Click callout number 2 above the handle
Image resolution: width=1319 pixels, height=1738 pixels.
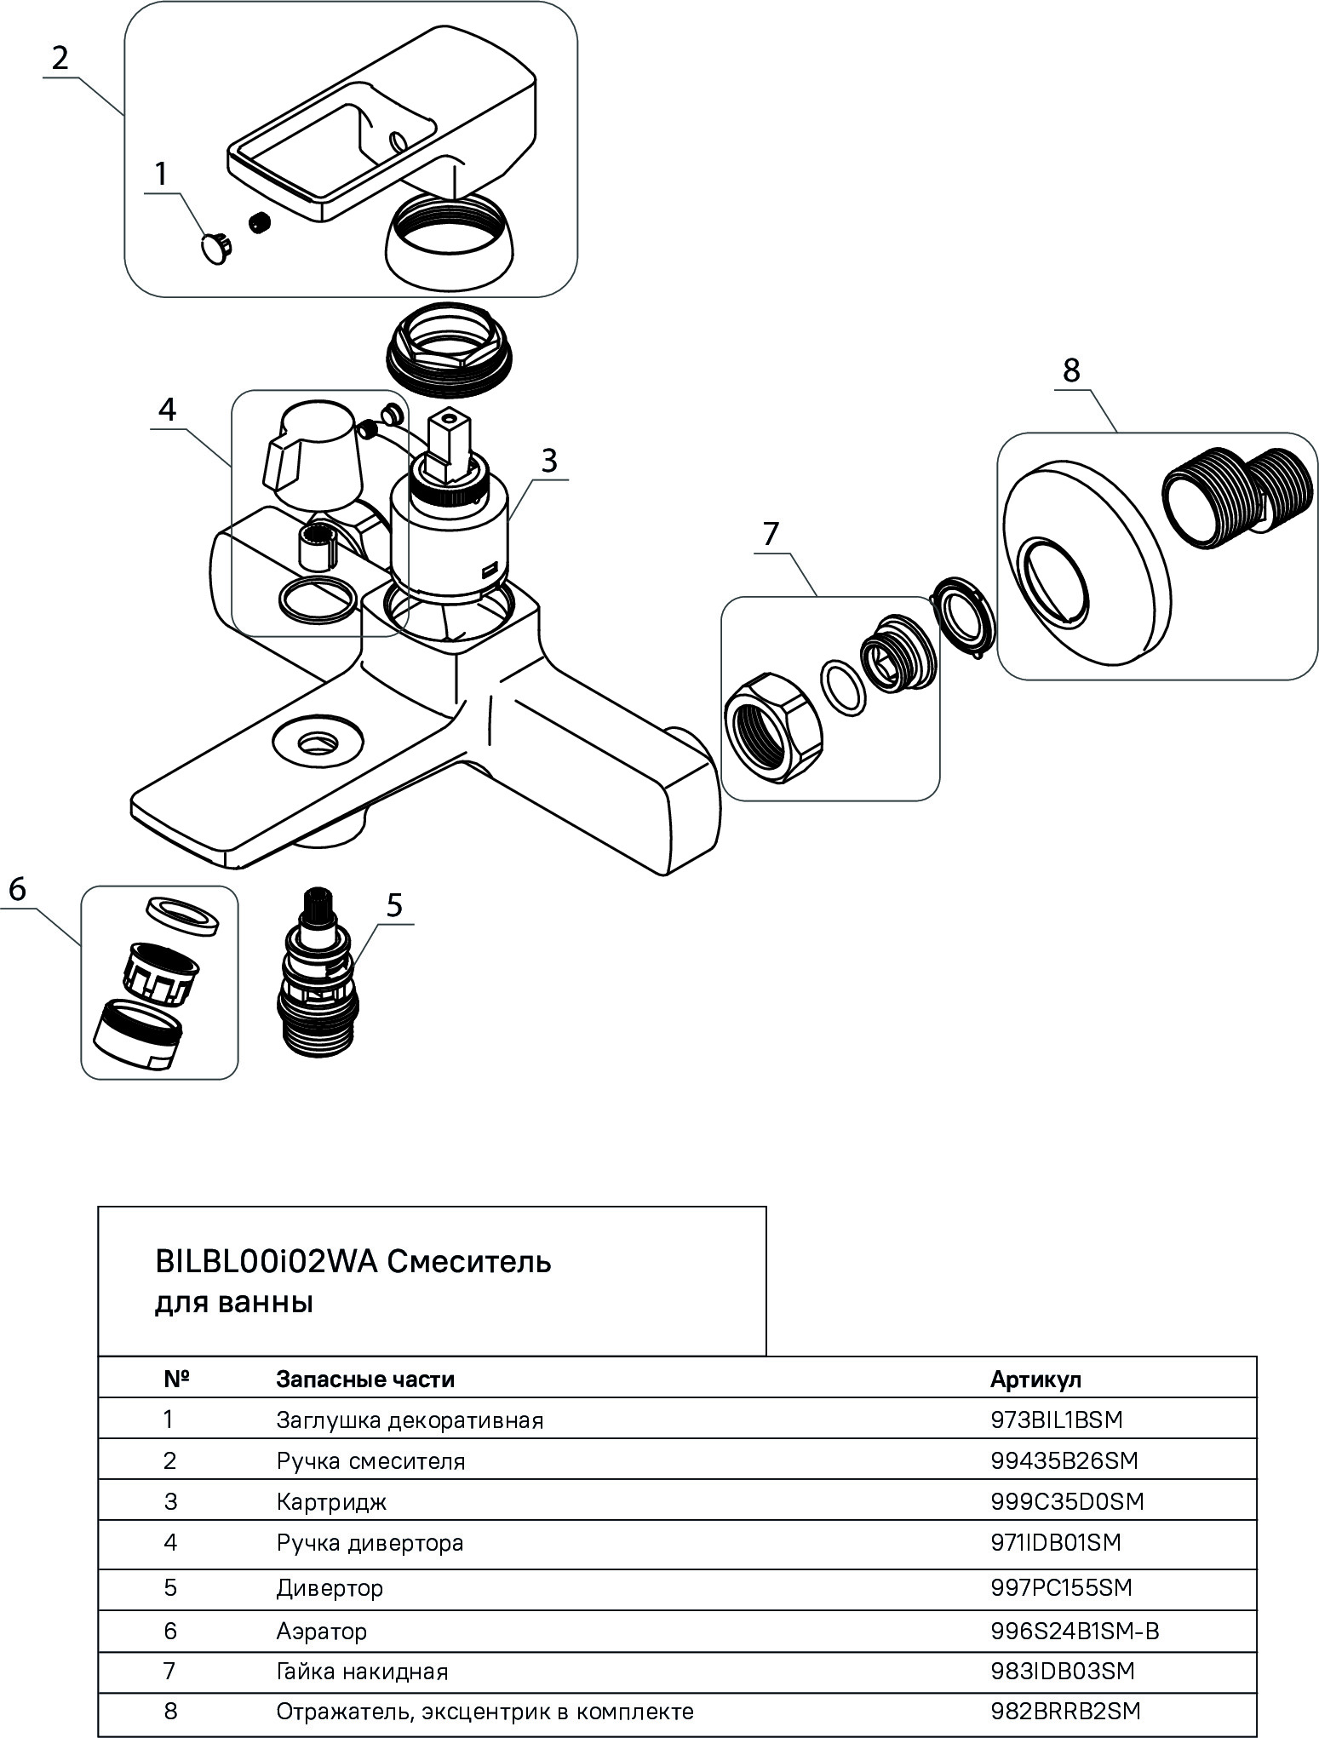[x=60, y=59]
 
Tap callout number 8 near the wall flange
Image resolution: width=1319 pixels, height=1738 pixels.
[x=1070, y=370]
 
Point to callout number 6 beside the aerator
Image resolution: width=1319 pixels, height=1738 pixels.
[x=18, y=890]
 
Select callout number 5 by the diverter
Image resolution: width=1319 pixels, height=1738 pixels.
[x=394, y=905]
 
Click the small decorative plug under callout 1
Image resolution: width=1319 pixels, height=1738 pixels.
[x=216, y=249]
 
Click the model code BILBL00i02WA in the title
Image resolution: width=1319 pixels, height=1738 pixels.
[x=267, y=1261]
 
